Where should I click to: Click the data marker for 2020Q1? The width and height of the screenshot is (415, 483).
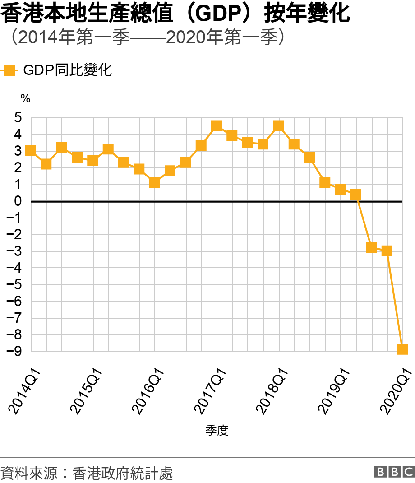(x=402, y=349)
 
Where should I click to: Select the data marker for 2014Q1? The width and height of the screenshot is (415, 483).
(x=31, y=151)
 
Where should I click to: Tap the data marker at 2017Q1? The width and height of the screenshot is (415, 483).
(x=217, y=126)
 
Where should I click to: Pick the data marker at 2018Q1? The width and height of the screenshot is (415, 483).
(x=278, y=126)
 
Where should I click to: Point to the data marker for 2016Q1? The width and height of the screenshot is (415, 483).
(x=155, y=182)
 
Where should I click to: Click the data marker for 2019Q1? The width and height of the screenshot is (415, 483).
(x=340, y=189)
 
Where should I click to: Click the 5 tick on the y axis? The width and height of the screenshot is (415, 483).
(x=18, y=118)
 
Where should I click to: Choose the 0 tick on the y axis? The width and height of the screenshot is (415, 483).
(x=18, y=201)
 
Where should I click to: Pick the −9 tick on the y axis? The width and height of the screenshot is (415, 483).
(x=14, y=351)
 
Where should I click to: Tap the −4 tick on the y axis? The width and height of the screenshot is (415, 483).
(x=14, y=268)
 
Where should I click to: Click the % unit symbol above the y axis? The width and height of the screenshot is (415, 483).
(x=25, y=98)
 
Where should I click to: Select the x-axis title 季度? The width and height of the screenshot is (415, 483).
(x=217, y=431)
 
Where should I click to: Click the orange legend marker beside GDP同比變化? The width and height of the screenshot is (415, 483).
(x=9, y=70)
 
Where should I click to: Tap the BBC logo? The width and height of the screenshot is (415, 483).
(x=394, y=472)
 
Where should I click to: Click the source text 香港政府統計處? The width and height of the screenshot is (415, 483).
(x=122, y=473)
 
